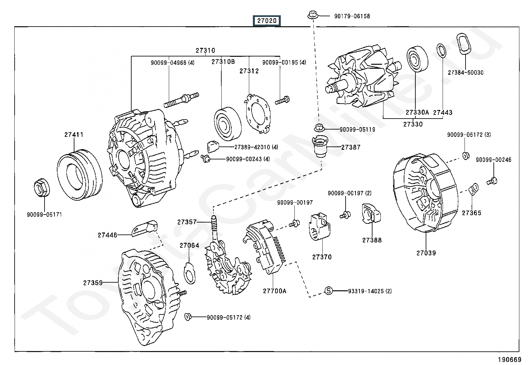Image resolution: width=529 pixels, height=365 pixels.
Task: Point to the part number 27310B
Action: click(x=223, y=62)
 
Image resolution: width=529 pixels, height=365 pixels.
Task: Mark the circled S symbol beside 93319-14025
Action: click(x=328, y=291)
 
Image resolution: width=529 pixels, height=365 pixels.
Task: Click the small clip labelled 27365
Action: click(x=474, y=189)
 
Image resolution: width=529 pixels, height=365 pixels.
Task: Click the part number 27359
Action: click(x=93, y=283)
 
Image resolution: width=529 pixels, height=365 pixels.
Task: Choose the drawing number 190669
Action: click(x=509, y=360)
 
